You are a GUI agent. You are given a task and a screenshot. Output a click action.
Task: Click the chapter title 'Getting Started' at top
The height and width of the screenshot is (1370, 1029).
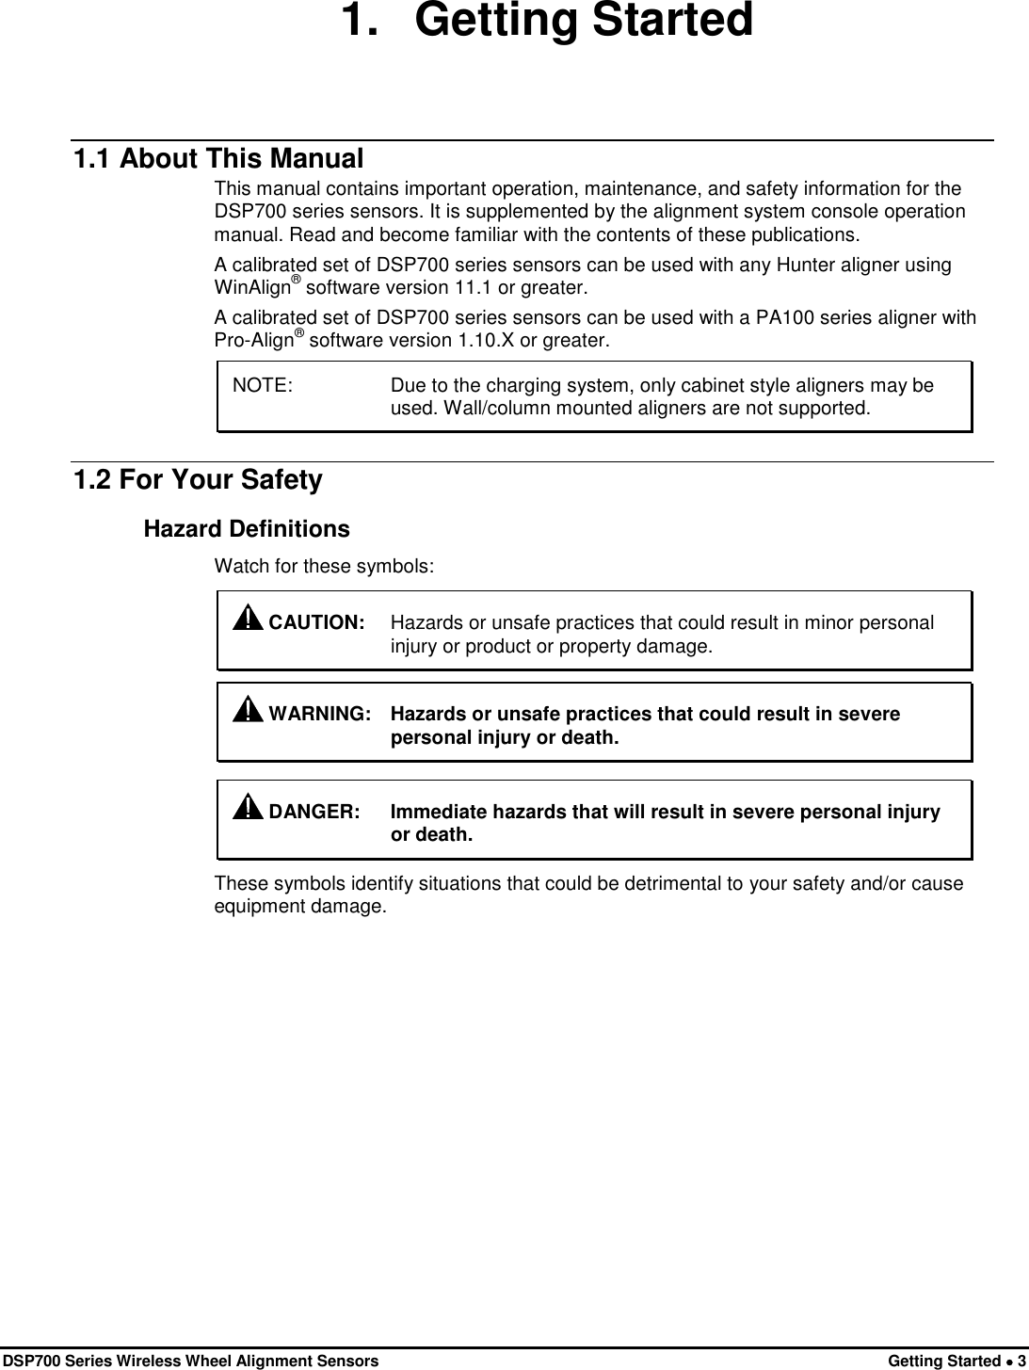(584, 23)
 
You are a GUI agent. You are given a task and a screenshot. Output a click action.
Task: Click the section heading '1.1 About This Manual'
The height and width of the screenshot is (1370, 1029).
(218, 159)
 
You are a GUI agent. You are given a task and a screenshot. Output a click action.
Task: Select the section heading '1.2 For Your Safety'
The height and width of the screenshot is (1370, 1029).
(198, 480)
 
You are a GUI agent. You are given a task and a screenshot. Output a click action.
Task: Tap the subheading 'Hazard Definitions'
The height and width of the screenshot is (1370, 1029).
(246, 529)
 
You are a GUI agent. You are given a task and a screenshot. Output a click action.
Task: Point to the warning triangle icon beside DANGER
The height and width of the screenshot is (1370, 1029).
(248, 807)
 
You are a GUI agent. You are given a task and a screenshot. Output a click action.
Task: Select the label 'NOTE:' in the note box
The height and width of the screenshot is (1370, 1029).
(263, 386)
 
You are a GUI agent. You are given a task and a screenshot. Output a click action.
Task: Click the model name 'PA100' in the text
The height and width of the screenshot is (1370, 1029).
(789, 318)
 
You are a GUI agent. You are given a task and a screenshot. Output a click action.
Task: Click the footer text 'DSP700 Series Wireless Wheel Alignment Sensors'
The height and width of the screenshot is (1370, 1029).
(191, 1361)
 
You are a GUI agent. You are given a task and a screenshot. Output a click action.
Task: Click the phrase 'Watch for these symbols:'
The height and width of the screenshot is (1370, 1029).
(325, 567)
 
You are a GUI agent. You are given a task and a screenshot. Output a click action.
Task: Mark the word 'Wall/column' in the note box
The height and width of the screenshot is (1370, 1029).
(439, 409)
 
